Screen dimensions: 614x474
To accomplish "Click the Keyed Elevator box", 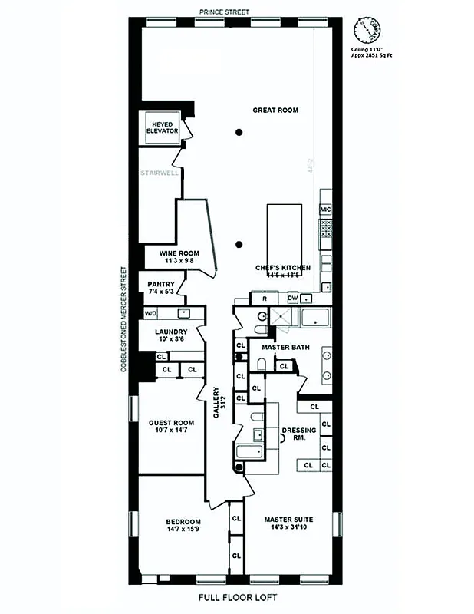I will (x=163, y=127).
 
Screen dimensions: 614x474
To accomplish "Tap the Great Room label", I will (x=275, y=111).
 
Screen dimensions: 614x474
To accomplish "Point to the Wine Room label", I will (x=179, y=256).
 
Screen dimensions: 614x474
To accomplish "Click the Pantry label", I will (x=160, y=287).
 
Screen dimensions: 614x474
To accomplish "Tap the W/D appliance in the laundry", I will (x=150, y=314).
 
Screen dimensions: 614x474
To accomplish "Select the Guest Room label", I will (x=170, y=427).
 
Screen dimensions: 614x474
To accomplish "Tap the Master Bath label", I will (x=285, y=347).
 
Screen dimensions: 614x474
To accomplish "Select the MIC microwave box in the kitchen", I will (x=325, y=209).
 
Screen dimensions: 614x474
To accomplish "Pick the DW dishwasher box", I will (x=292, y=298).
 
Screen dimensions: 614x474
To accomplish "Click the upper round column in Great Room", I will (x=239, y=134).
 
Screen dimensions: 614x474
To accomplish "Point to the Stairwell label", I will (x=159, y=173).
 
